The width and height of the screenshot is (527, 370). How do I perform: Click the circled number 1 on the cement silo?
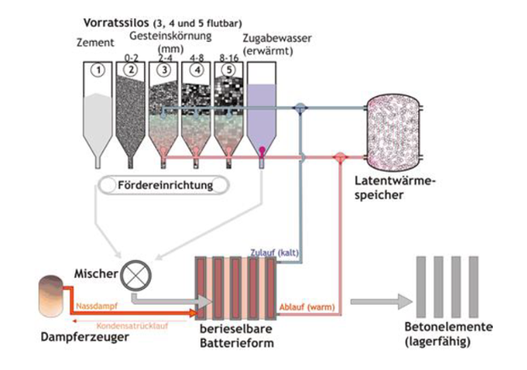point(99,70)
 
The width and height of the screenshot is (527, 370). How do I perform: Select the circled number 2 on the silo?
point(132,70)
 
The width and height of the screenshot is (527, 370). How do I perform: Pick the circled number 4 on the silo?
point(198,70)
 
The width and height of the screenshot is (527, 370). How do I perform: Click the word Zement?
point(93,39)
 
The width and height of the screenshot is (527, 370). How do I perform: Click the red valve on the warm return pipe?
point(339,157)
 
